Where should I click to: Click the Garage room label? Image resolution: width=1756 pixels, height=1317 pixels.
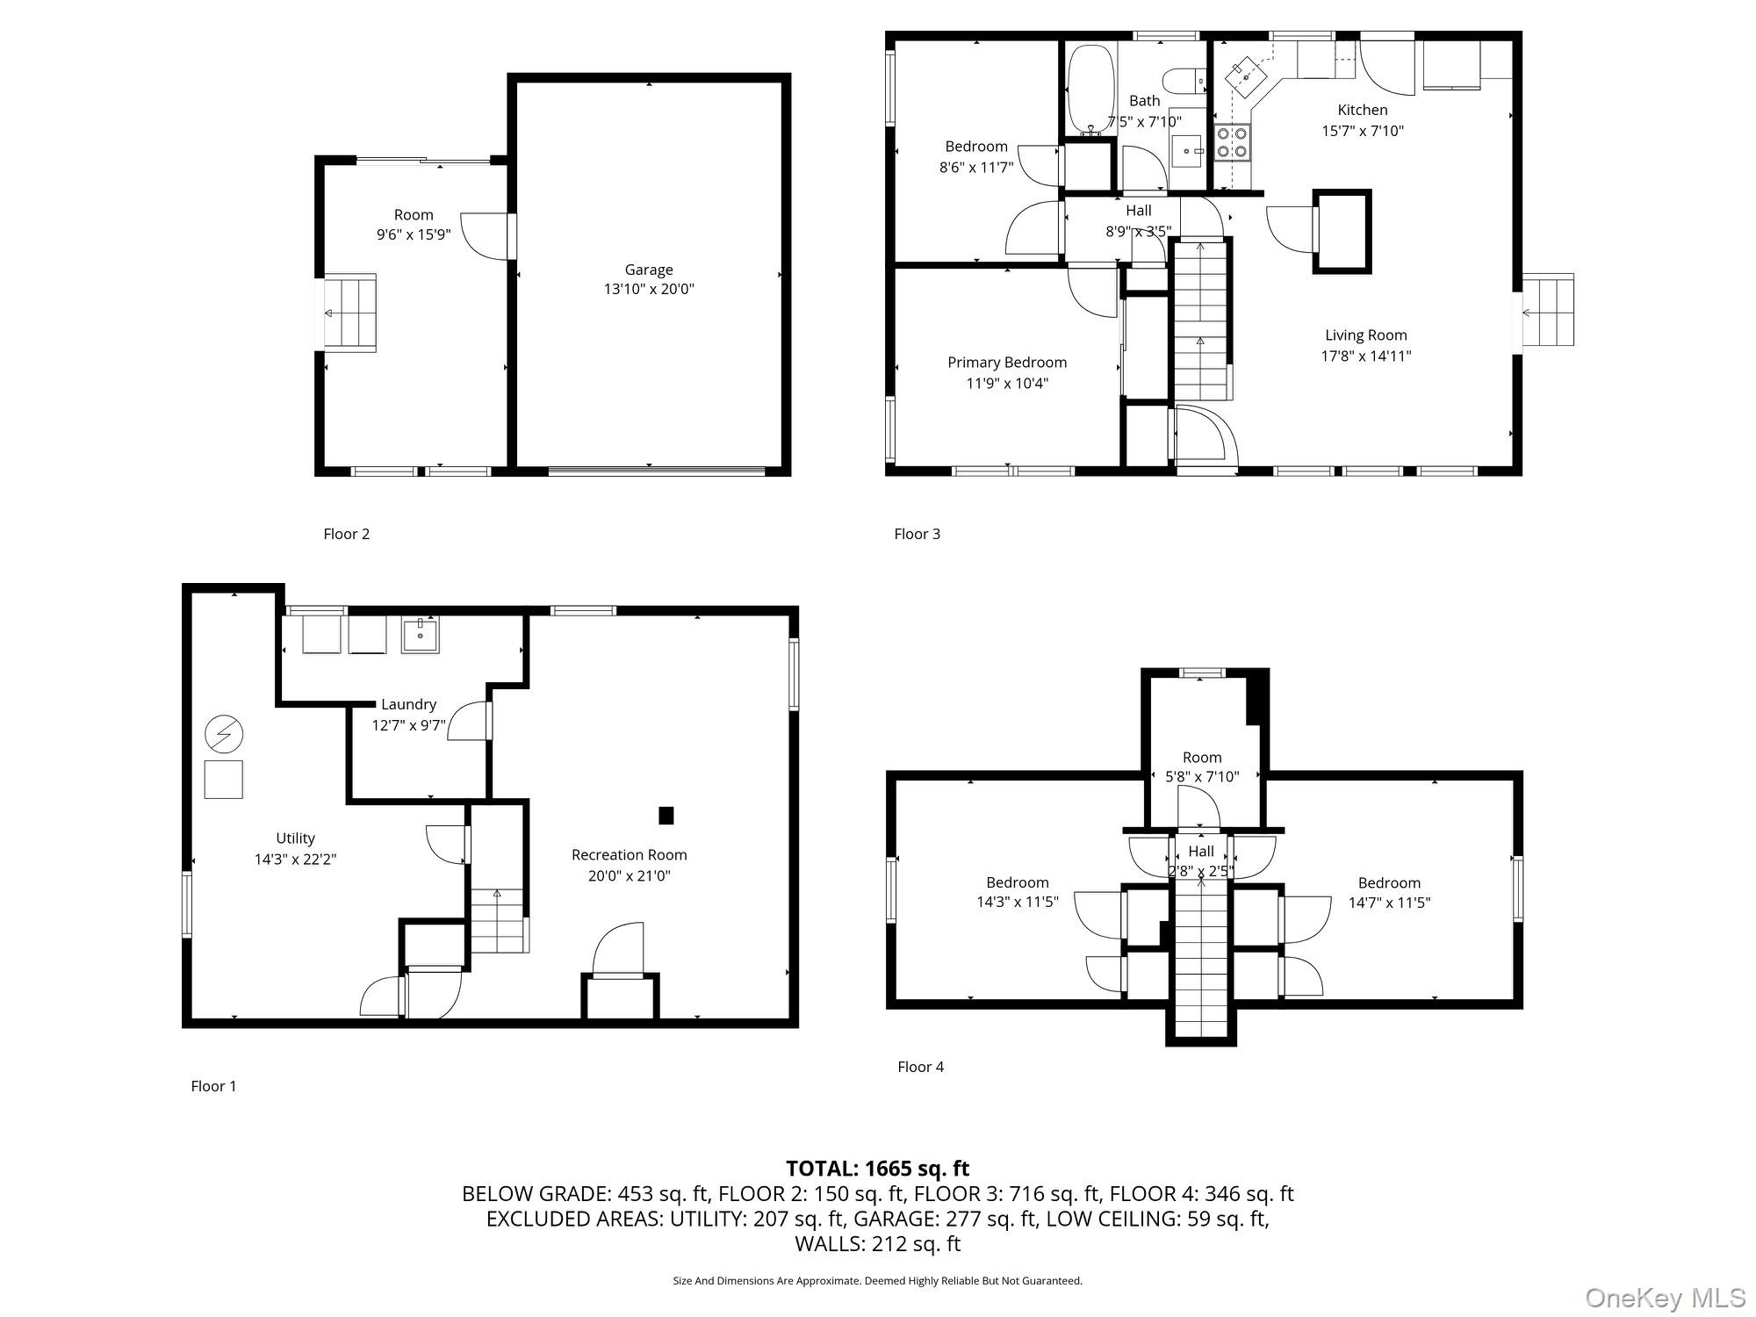click(x=649, y=270)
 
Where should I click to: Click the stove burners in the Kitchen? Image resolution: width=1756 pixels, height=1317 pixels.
click(x=1232, y=142)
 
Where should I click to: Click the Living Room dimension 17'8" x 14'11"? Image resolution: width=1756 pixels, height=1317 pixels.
click(x=1366, y=356)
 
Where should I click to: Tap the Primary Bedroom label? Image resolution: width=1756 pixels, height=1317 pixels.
click(x=1007, y=362)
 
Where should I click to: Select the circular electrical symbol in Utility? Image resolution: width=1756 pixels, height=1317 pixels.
click(x=224, y=734)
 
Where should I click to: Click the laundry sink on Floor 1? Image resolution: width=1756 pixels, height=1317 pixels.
click(x=421, y=634)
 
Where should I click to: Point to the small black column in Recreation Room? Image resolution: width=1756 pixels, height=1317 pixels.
click(x=666, y=816)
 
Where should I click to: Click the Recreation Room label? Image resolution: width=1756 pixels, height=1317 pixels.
click(x=629, y=854)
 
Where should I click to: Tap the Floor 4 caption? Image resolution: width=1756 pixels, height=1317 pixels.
click(x=920, y=1067)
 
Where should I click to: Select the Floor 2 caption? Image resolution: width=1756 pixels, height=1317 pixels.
click(x=346, y=534)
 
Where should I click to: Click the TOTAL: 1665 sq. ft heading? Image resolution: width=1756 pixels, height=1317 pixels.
click(x=877, y=1169)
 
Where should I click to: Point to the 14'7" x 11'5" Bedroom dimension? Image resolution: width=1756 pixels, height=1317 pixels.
click(x=1389, y=902)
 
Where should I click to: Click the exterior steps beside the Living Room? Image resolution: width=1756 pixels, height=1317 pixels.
click(x=1547, y=310)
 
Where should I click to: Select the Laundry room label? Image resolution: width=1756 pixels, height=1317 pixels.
click(x=408, y=704)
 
